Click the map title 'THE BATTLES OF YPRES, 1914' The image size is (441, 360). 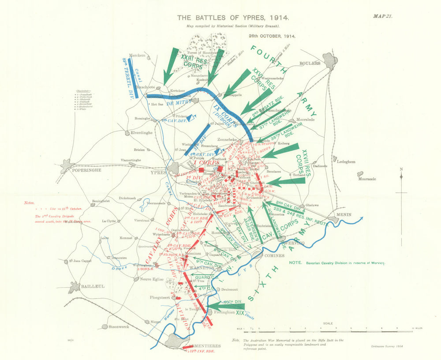pyautogui.click(x=233, y=18)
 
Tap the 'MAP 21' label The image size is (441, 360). pyautogui.click(x=382, y=16)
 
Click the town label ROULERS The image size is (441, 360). pyautogui.click(x=310, y=63)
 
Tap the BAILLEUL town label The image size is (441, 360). pyautogui.click(x=93, y=286)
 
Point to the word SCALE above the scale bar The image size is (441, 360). pyautogui.click(x=327, y=323)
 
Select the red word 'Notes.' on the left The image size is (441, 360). pyautogui.click(x=29, y=203)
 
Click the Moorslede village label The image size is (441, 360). pyautogui.click(x=306, y=120)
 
